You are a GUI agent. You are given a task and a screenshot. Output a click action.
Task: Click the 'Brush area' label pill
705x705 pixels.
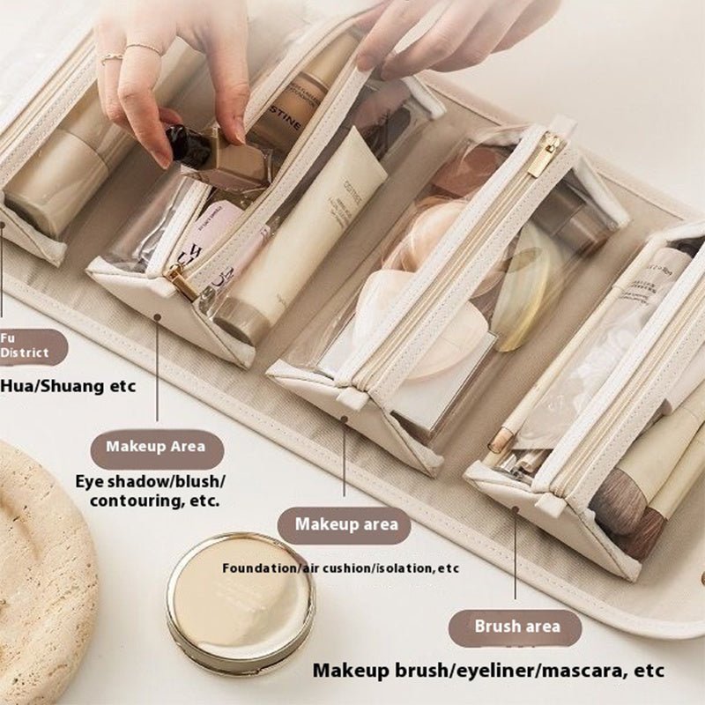517,627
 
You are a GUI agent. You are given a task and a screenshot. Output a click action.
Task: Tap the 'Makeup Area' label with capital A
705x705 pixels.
157,446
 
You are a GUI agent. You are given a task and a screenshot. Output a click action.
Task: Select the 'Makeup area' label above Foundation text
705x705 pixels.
345,524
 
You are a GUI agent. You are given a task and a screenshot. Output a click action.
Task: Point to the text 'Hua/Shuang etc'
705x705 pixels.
68,385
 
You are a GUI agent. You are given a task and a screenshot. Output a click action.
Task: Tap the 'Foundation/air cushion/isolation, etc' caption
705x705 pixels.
340,568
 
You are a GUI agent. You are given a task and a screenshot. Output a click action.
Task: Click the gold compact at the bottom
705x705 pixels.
240,603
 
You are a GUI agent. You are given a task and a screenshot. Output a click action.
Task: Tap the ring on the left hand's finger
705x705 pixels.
113,59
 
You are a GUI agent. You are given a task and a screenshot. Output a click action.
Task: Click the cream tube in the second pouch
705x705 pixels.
300,238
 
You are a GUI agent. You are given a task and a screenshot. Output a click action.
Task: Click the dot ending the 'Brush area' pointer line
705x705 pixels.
516,508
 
